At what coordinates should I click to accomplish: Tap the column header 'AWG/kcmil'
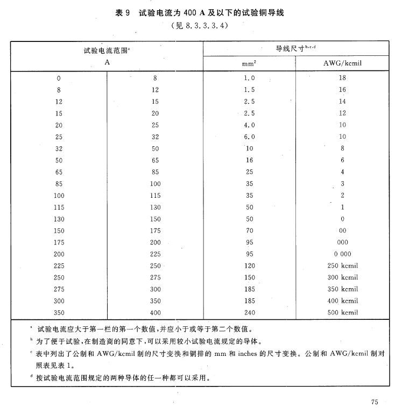342,63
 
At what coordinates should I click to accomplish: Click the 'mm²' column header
249,63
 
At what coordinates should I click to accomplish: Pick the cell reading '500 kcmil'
342,312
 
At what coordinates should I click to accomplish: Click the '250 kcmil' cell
342,266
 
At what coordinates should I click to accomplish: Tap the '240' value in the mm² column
249,312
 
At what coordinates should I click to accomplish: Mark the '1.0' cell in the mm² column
249,78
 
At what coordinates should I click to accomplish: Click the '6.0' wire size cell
249,137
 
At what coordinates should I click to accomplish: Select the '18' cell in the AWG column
342,78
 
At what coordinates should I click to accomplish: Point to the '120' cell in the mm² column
249,266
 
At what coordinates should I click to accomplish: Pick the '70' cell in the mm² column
249,230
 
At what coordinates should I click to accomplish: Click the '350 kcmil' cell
342,289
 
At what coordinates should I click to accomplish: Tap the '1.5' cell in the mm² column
249,90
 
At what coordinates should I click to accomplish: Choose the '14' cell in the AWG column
342,102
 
